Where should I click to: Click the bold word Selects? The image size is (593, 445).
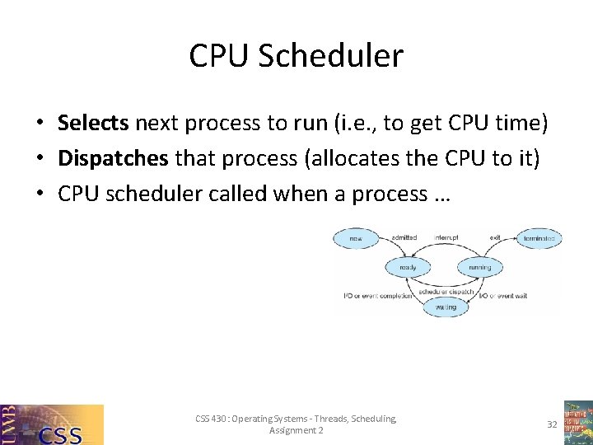[x=93, y=124]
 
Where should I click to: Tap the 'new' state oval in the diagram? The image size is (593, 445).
[x=356, y=239]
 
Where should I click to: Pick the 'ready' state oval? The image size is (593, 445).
[x=408, y=267]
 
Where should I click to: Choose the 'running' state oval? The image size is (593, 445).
[x=479, y=267]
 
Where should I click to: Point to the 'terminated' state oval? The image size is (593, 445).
[x=539, y=239]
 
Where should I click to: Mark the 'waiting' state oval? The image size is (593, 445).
[x=445, y=307]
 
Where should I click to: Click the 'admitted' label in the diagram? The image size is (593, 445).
[x=404, y=238]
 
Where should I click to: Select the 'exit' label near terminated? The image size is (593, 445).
[x=495, y=238]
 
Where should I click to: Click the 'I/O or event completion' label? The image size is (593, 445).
[x=377, y=296]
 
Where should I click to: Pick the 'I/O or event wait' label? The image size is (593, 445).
[x=503, y=296]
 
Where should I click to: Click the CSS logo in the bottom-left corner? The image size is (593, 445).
[x=52, y=424]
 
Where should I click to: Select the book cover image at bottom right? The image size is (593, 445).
[x=577, y=423]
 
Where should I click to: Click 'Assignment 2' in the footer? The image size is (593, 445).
[x=296, y=431]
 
